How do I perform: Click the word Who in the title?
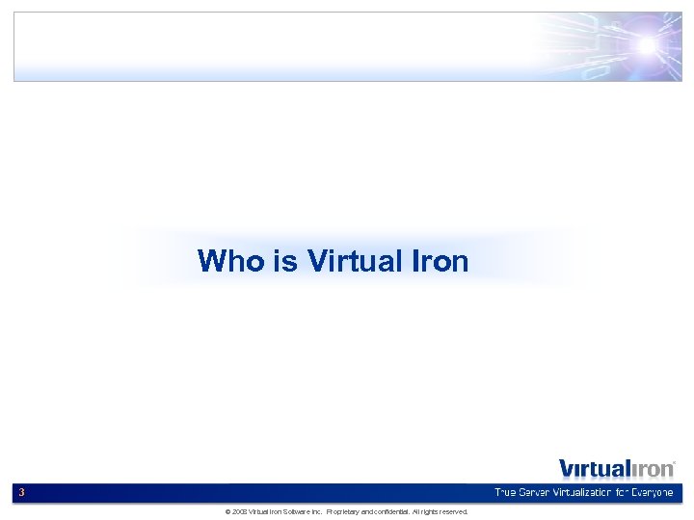224,261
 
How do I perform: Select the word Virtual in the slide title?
348,261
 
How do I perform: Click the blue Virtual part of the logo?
594,469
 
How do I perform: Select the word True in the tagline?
505,493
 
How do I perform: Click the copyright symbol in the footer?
227,512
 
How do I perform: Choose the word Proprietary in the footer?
344,512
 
